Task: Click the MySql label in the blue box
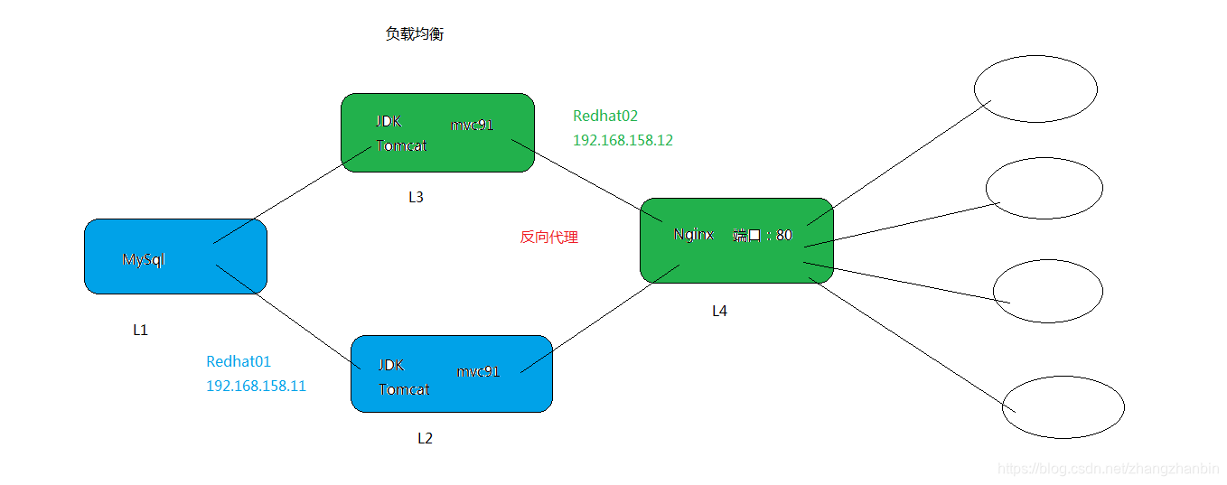(144, 260)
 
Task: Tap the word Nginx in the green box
(693, 235)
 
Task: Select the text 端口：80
(763, 235)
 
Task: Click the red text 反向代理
(548, 238)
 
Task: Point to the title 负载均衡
(415, 35)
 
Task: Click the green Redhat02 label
(605, 117)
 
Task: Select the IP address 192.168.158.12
(623, 141)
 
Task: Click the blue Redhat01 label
(239, 362)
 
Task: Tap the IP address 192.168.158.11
(256, 387)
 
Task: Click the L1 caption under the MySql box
(140, 331)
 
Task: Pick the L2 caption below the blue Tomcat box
(425, 439)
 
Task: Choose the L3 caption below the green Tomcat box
(416, 198)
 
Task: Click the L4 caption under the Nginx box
(719, 312)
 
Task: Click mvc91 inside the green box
(473, 125)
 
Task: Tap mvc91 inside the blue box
(478, 371)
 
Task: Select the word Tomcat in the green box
(402, 145)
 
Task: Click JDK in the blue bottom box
(391, 365)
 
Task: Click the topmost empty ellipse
(1035, 89)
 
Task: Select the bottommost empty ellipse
(1063, 408)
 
